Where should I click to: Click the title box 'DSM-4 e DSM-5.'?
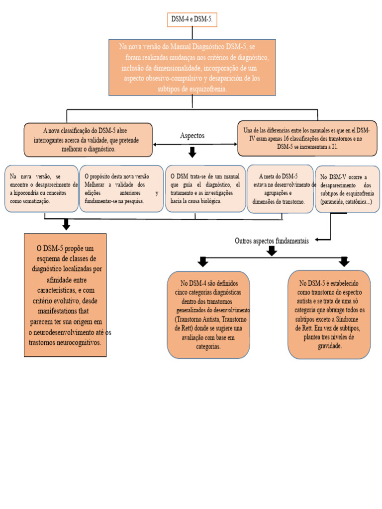[192, 20]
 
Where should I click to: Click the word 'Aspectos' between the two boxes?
[192, 136]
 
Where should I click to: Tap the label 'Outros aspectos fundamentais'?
[272, 241]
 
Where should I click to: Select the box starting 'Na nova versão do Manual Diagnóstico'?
[192, 67]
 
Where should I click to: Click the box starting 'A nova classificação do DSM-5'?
[88, 140]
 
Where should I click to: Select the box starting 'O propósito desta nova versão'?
[121, 188]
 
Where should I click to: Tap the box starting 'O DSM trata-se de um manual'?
[205, 188]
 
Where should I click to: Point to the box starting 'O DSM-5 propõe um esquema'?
[65, 295]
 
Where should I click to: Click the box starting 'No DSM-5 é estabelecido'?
[329, 314]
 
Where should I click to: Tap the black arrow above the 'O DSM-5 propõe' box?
[65, 225]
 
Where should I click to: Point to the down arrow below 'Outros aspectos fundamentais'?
[272, 251]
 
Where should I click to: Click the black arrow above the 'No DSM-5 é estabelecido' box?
[344, 261]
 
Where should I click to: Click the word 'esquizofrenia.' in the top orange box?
[206, 89]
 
